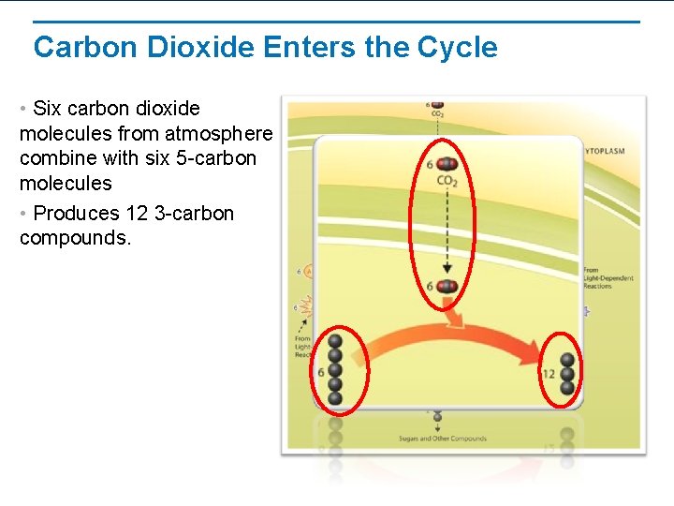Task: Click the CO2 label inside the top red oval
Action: pyautogui.click(x=447, y=181)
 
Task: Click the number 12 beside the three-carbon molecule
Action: pyautogui.click(x=549, y=374)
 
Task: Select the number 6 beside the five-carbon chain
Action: pyautogui.click(x=321, y=372)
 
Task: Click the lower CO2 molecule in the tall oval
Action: pyautogui.click(x=447, y=286)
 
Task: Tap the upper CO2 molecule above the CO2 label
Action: pyautogui.click(x=447, y=164)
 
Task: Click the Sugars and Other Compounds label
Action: pyautogui.click(x=442, y=439)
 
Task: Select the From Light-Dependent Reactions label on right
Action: pyautogui.click(x=608, y=278)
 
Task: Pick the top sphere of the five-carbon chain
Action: pyautogui.click(x=335, y=344)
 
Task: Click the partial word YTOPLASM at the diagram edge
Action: pyautogui.click(x=605, y=151)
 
